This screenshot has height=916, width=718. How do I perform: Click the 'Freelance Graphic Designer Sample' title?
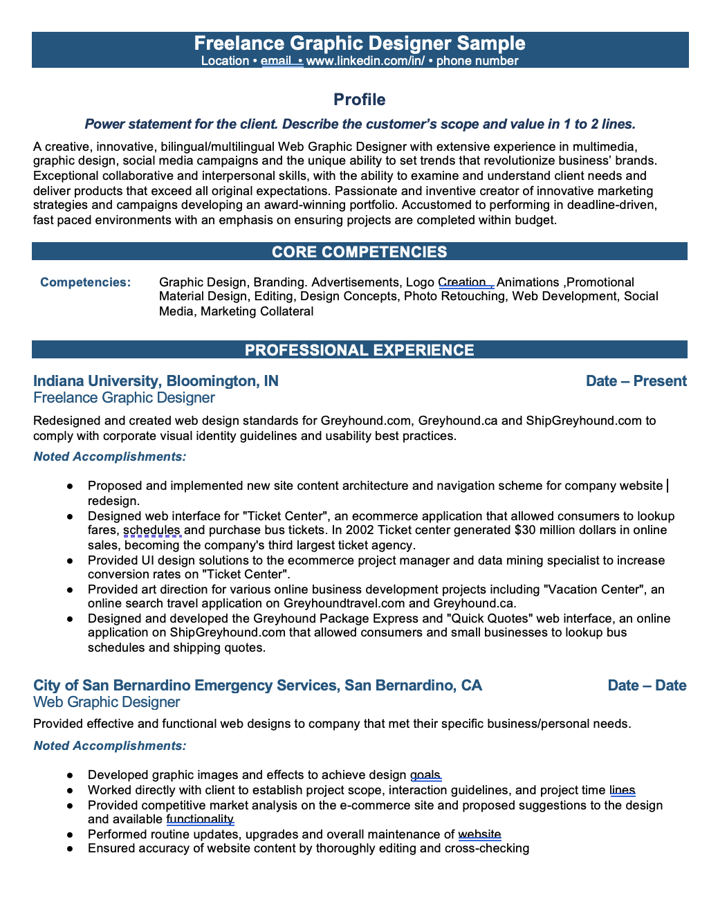359,43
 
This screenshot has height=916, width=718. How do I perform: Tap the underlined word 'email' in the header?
275,61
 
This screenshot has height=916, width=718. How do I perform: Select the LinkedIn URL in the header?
365,61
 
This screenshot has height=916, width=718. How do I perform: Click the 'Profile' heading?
359,100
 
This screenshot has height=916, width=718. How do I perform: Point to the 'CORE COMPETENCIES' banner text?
359,252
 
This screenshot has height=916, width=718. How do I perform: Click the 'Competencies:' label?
85,282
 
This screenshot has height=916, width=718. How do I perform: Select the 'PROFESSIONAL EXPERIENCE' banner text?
359,350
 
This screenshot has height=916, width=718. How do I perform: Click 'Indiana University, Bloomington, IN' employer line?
156,381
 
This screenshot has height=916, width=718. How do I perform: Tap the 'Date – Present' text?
636,381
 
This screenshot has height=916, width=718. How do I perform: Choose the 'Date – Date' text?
647,686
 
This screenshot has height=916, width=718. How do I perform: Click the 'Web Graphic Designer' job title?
107,702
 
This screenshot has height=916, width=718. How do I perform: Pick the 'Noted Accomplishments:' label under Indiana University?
109,457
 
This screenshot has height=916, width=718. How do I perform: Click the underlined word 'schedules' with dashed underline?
151,531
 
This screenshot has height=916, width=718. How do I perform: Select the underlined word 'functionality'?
200,820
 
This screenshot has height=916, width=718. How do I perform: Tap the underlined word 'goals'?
425,775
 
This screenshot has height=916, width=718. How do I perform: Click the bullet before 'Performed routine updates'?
70,835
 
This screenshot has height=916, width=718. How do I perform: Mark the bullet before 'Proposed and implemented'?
70,486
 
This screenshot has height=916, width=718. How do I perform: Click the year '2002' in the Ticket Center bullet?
360,531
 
